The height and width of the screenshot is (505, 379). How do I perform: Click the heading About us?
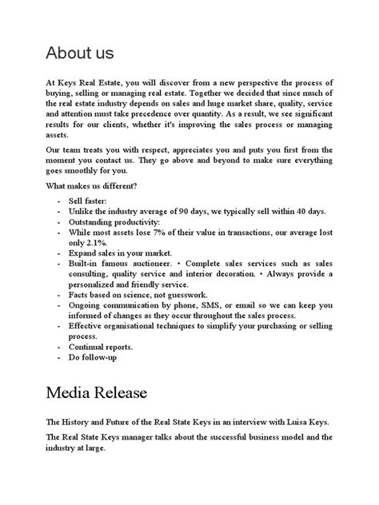click(x=80, y=53)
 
